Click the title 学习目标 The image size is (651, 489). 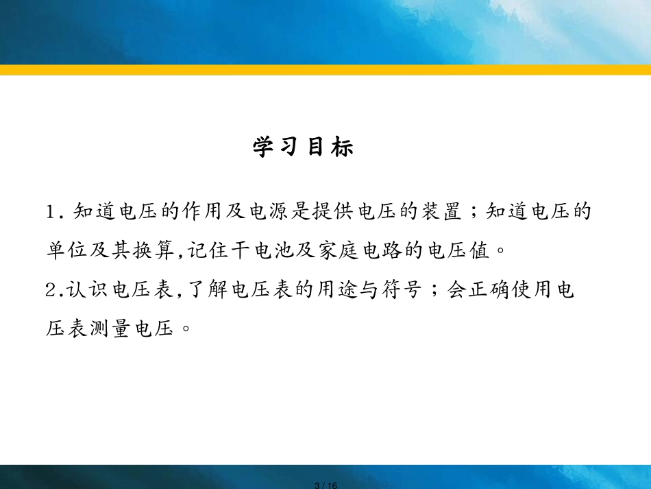(x=303, y=147)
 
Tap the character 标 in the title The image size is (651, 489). (x=343, y=147)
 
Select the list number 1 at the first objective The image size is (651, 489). (x=51, y=212)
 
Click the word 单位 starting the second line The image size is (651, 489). (x=66, y=250)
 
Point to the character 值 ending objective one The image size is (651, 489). (x=480, y=250)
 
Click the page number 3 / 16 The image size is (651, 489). (x=326, y=486)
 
